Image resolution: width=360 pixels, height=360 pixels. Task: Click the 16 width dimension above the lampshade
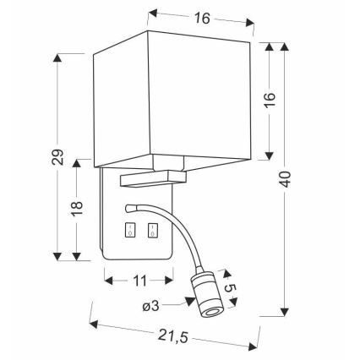(201, 19)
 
